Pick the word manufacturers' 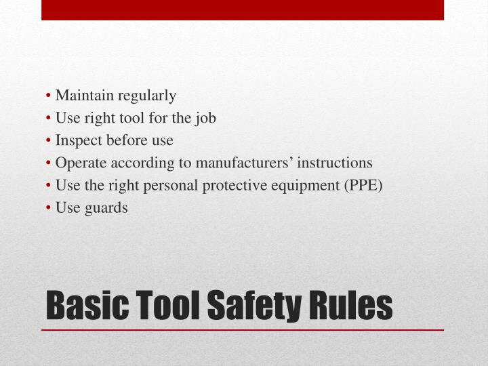(245, 163)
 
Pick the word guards (105, 208)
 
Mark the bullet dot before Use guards (51, 208)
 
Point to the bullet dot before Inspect (51, 141)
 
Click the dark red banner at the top (242, 10)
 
